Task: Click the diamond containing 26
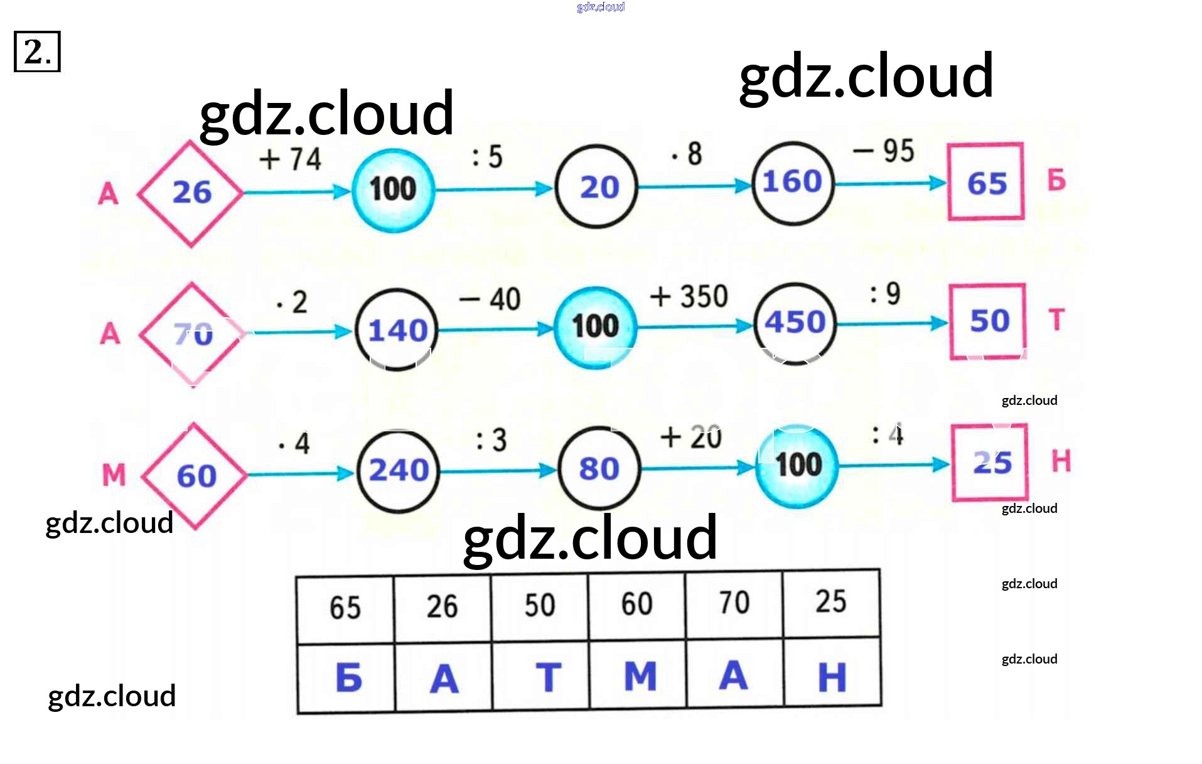tap(191, 193)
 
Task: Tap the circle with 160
tap(793, 183)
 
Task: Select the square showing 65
tap(986, 183)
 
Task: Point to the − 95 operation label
tap(884, 151)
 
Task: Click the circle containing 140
tap(397, 330)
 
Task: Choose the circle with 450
tap(795, 323)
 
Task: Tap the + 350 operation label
tap(689, 296)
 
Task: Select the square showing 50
tap(988, 321)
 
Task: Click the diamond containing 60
tap(195, 476)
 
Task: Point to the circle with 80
tap(599, 468)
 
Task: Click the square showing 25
tap(990, 463)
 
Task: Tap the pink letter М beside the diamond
tap(114, 475)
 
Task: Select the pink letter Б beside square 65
tap(1056, 181)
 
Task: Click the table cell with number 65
tap(345, 607)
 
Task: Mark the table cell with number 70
tap(734, 603)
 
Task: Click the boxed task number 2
tap(37, 51)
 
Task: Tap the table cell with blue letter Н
tap(832, 675)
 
